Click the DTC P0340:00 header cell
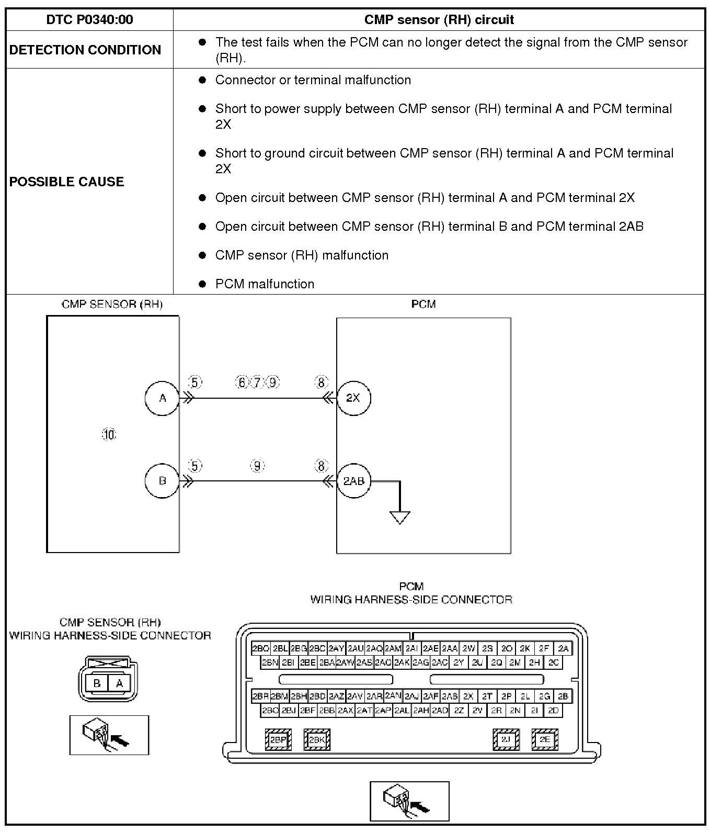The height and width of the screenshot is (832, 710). [89, 20]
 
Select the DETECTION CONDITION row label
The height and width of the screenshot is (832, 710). [85, 50]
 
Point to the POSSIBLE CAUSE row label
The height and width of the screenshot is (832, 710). [67, 182]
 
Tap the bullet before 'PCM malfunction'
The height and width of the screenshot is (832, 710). [203, 284]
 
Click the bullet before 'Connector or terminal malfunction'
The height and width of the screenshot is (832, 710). [203, 80]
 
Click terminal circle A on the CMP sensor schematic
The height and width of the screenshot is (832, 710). [162, 398]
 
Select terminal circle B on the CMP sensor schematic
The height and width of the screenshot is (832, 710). [162, 480]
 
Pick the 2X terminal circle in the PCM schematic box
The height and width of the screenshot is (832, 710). [353, 398]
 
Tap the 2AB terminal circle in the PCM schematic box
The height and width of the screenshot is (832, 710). [353, 480]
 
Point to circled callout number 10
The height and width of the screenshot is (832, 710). [109, 434]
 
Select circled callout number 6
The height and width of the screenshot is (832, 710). [242, 383]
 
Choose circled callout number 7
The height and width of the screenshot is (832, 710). [257, 383]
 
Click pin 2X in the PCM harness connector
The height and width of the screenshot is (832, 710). [468, 696]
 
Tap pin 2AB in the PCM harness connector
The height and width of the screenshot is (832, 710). [450, 696]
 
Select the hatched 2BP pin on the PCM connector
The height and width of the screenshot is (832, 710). [278, 740]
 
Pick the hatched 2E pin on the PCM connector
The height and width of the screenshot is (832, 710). [545, 739]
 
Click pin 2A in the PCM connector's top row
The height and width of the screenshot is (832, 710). [563, 648]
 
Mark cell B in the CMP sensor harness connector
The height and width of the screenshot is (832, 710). [97, 683]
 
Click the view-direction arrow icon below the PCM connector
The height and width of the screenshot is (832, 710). [409, 801]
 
